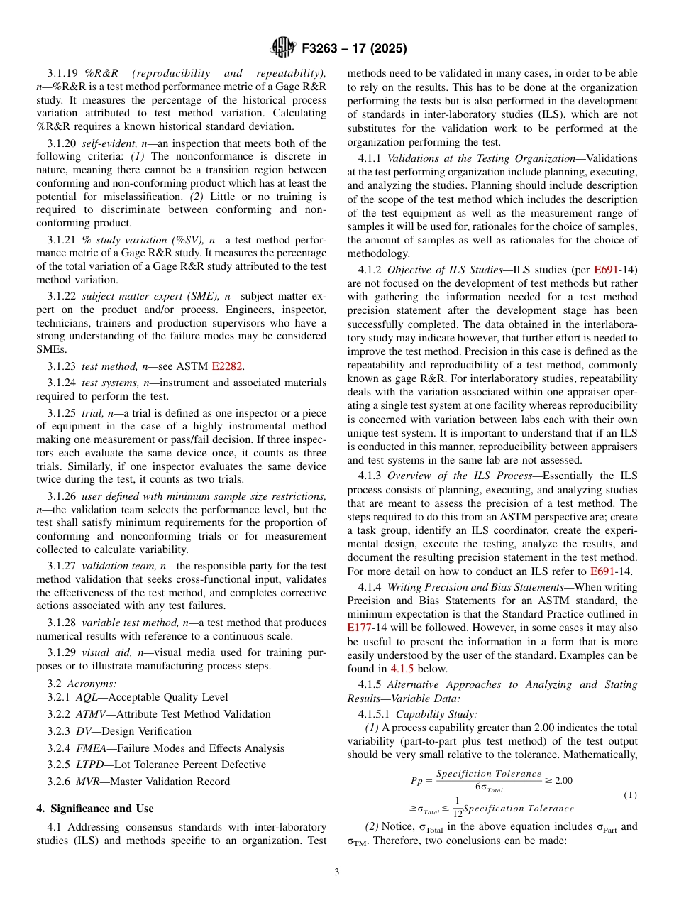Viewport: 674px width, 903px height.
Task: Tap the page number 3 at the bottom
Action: point(336,872)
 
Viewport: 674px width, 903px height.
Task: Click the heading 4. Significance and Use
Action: point(94,809)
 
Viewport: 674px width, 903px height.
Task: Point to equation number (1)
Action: point(629,794)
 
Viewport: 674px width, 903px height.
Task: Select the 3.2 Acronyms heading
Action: point(82,684)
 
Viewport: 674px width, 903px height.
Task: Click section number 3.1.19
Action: point(63,74)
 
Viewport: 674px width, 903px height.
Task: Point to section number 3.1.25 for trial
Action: point(63,412)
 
